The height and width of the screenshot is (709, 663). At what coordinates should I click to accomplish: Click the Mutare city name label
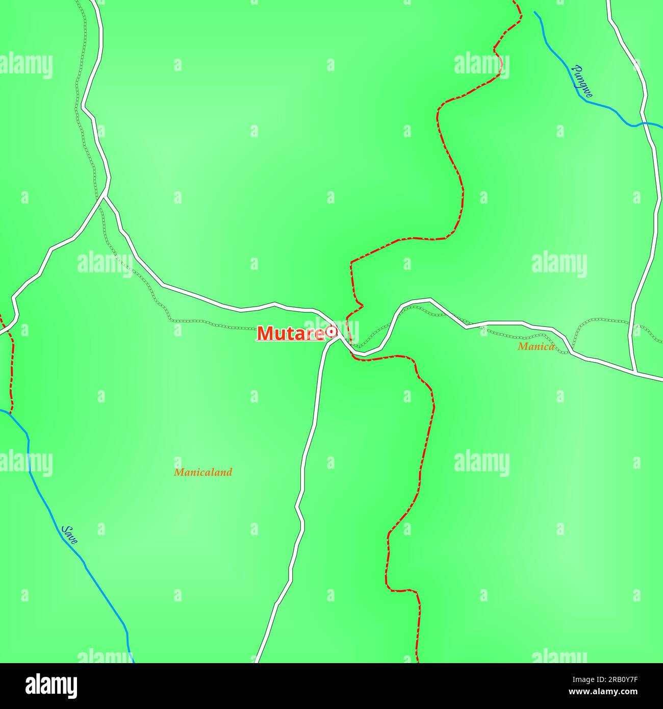pyautogui.click(x=290, y=333)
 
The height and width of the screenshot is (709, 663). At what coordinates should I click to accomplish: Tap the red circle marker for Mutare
pyautogui.click(x=331, y=332)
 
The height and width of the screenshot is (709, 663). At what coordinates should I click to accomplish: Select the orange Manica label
pyautogui.click(x=535, y=347)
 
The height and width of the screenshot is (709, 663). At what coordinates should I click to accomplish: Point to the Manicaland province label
pyautogui.click(x=202, y=472)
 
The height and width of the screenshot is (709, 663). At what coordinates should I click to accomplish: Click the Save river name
pyautogui.click(x=69, y=535)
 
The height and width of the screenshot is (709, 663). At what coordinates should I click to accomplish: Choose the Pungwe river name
pyautogui.click(x=583, y=81)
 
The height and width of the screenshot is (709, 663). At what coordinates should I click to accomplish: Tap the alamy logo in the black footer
pyautogui.click(x=52, y=686)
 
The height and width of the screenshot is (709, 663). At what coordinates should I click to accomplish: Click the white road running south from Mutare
pyautogui.click(x=306, y=459)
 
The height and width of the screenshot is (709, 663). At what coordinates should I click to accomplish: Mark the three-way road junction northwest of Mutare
pyautogui.click(x=105, y=195)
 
